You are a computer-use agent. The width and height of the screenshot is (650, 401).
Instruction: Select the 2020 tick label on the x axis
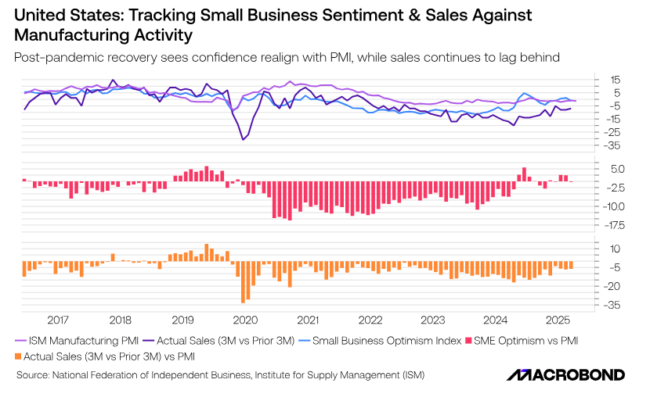point(245,320)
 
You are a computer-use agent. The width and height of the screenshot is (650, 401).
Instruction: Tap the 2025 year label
point(558,320)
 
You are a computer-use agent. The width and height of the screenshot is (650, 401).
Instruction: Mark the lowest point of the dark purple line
point(242,139)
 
